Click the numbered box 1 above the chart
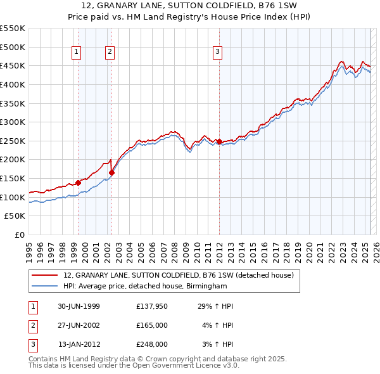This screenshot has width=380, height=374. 77,52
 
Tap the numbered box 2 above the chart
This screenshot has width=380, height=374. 110,52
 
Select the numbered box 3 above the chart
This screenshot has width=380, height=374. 217,52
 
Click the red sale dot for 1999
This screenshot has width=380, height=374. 79,183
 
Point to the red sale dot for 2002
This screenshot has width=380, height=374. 111,172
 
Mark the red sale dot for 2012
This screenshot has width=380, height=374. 219,141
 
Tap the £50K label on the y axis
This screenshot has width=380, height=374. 15,216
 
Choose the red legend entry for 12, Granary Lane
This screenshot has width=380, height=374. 179,275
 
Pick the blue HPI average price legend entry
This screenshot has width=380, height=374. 145,287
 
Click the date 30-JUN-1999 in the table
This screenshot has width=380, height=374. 79,306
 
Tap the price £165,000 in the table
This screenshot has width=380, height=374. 152,325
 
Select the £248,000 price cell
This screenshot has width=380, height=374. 152,344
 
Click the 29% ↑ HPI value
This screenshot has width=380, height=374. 216,306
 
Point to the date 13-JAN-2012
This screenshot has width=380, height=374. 79,344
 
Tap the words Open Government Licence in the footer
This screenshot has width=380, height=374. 184,366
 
